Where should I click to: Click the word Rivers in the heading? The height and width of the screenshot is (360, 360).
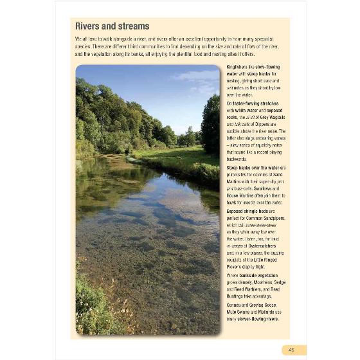click(87, 26)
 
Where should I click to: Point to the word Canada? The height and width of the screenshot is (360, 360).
click(236, 304)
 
